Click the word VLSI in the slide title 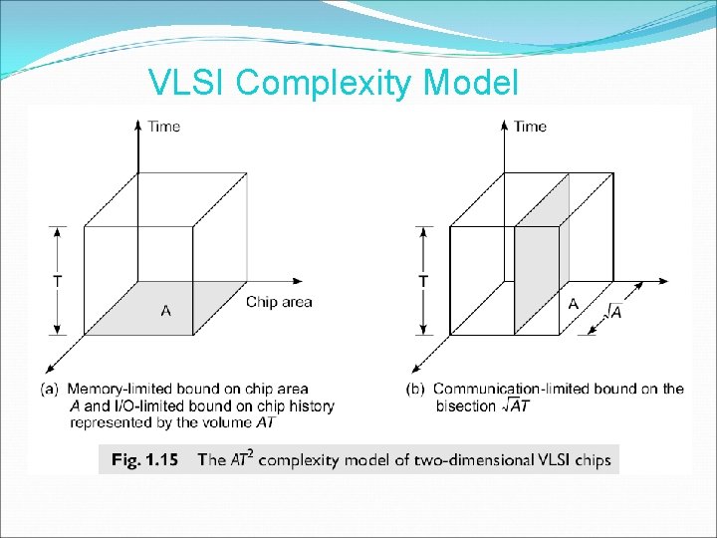point(188,83)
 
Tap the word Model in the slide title point(470,83)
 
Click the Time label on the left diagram point(164,127)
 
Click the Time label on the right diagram point(530,127)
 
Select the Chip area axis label point(279,302)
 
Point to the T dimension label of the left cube point(57,281)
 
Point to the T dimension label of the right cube point(424,281)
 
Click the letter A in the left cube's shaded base point(165,311)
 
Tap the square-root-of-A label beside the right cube point(613,313)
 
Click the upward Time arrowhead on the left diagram point(135,126)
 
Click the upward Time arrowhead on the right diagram point(503,126)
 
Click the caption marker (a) point(49,389)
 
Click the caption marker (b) point(417,389)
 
